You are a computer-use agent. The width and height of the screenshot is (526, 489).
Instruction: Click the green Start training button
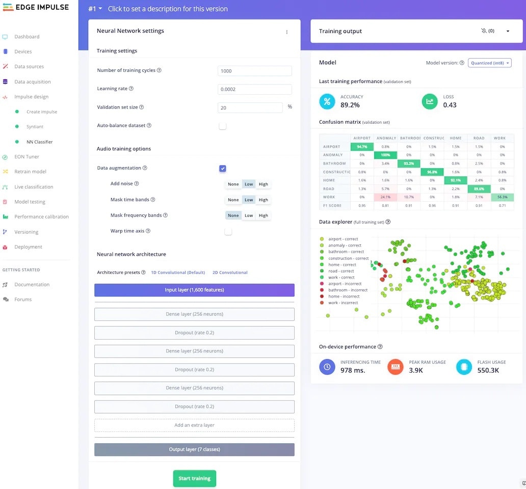tap(194, 478)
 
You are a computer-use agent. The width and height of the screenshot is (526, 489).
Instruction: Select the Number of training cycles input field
tap(254, 71)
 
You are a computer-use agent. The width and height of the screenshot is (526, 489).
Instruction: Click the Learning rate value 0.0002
tap(254, 89)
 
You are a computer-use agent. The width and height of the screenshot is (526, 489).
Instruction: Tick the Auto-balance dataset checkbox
tap(223, 126)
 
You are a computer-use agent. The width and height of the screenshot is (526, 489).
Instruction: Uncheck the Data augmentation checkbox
tap(223, 168)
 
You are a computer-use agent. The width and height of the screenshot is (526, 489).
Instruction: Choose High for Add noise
tap(263, 184)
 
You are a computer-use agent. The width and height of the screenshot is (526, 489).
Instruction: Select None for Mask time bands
tap(233, 200)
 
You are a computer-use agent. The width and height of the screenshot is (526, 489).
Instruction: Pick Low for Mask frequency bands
tap(249, 215)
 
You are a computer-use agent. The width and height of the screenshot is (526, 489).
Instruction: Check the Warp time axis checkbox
tap(228, 231)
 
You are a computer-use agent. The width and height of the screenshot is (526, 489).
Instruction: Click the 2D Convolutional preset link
tap(230, 273)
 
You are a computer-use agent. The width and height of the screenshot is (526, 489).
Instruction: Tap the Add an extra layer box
tap(194, 425)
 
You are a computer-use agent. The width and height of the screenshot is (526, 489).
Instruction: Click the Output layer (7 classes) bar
tap(194, 450)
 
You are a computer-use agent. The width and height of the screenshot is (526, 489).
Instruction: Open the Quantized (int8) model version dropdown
tap(489, 63)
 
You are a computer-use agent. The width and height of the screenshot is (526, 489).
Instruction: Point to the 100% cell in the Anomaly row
tap(385, 155)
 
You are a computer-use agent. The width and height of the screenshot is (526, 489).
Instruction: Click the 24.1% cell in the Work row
tap(385, 197)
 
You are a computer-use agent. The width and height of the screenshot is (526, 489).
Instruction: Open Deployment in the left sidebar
tap(28, 247)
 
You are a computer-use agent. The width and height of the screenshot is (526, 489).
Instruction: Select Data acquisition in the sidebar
tap(32, 81)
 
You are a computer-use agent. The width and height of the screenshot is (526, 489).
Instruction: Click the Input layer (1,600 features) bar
tap(194, 290)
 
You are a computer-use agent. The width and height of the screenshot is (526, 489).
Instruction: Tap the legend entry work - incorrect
tap(343, 303)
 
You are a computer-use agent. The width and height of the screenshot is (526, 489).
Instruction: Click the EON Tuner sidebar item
tap(27, 157)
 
